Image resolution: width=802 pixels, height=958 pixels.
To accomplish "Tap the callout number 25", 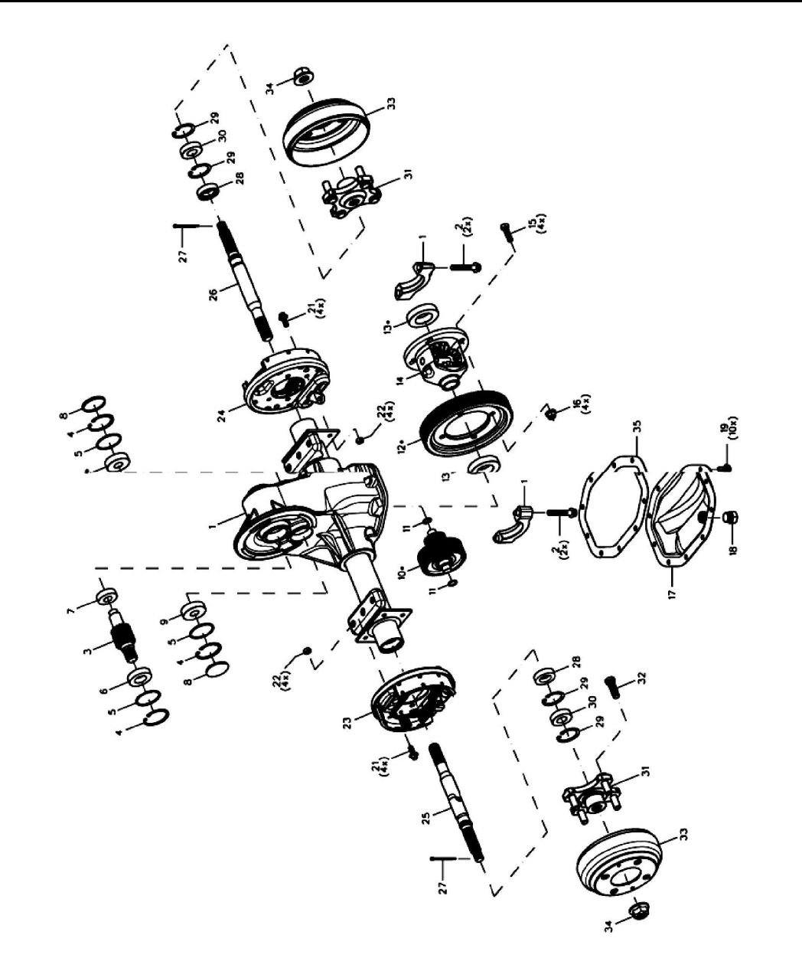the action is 427,818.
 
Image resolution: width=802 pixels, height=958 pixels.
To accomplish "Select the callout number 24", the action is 222,416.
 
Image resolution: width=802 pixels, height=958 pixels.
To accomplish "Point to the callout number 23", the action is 348,724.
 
